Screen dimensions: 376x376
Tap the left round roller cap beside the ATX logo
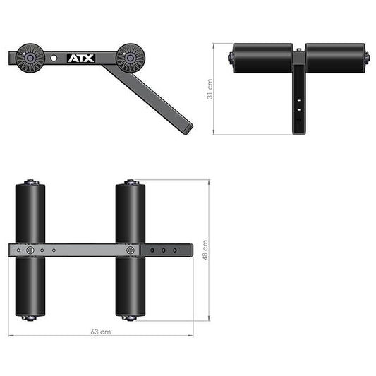[30, 56]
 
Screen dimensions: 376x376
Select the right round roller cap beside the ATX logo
[130, 57]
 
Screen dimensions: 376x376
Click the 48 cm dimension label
[205, 250]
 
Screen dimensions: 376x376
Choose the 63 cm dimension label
[101, 331]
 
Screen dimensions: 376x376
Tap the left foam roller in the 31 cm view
[262, 58]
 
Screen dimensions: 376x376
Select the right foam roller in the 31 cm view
[335, 58]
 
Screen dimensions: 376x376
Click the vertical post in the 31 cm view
[299, 99]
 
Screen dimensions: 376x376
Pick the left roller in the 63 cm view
[30, 212]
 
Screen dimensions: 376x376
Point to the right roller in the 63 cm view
[131, 212]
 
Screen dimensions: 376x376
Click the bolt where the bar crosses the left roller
[30, 250]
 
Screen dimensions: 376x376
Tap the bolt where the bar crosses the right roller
[131, 250]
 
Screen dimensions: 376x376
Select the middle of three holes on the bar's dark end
[164, 250]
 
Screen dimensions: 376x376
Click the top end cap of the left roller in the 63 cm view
[30, 182]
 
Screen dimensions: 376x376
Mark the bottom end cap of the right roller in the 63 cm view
[131, 317]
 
